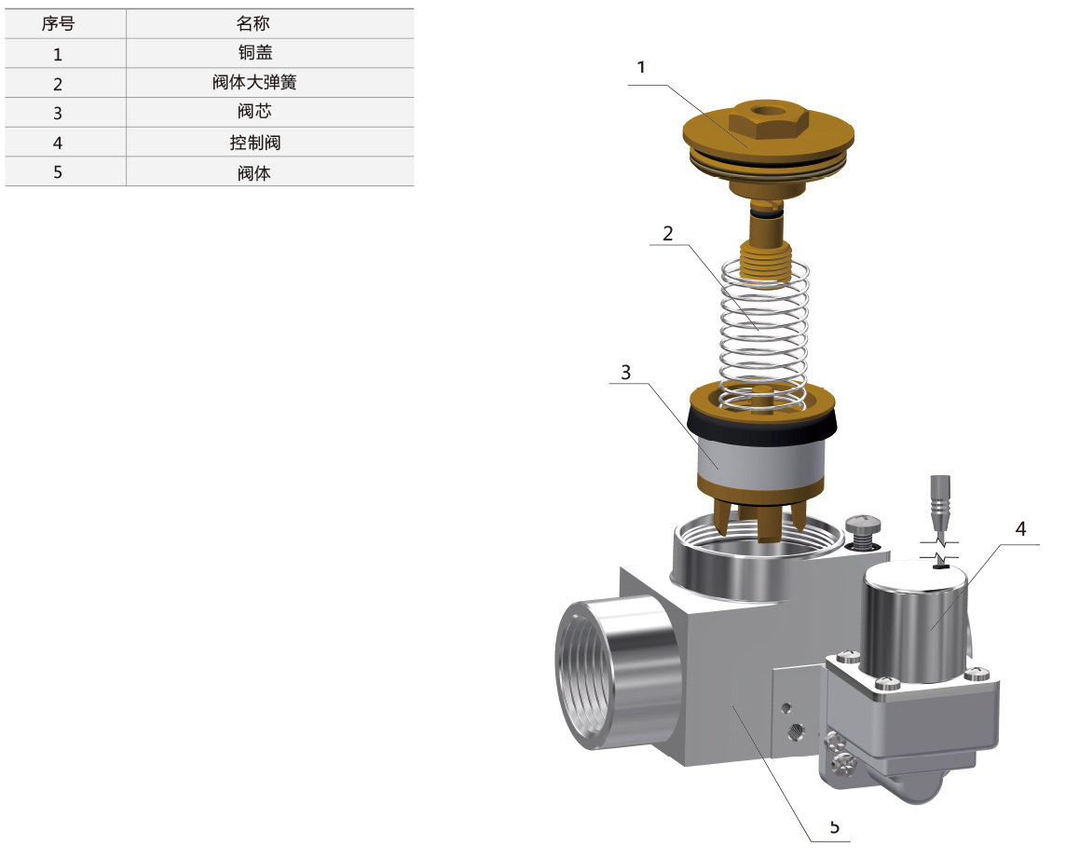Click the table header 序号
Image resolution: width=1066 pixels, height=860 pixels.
point(58,24)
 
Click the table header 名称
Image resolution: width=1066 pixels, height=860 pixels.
point(253,24)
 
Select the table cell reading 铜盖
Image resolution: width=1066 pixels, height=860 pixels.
point(255,53)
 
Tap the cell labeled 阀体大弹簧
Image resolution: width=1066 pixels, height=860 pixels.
point(254,82)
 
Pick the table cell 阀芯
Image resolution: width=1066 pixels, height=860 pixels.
point(254,112)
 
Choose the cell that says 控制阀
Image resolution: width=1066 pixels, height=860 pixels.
point(255,142)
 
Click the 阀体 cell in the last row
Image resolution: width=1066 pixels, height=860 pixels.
point(253,172)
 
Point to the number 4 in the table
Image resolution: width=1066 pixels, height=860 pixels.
point(58,143)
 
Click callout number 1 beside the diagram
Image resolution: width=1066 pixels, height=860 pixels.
point(640,67)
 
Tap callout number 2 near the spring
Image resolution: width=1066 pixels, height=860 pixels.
point(667,234)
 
